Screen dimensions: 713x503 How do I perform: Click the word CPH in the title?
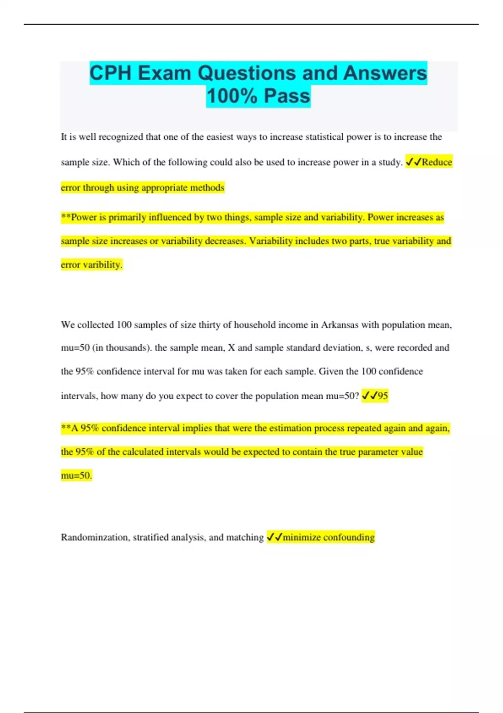pyautogui.click(x=111, y=73)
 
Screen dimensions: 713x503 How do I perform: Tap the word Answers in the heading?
pyautogui.click(x=384, y=73)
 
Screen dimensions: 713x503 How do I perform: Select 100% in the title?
pyautogui.click(x=232, y=96)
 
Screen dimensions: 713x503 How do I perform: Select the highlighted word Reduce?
pyautogui.click(x=437, y=162)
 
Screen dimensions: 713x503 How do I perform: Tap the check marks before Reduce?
pyautogui.click(x=413, y=162)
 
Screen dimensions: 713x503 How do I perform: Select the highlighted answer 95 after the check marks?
pyautogui.click(x=383, y=396)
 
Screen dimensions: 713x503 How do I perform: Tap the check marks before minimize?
pyautogui.click(x=275, y=537)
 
